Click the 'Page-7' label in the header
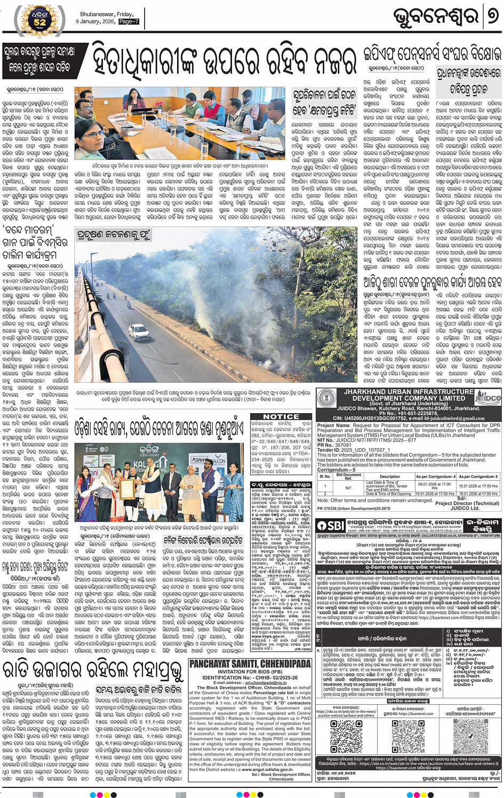pos(129,22)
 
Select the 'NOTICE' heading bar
pos(281,416)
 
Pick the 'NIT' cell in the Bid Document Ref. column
pos(348,488)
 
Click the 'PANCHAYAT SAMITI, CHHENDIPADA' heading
pos(250,664)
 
